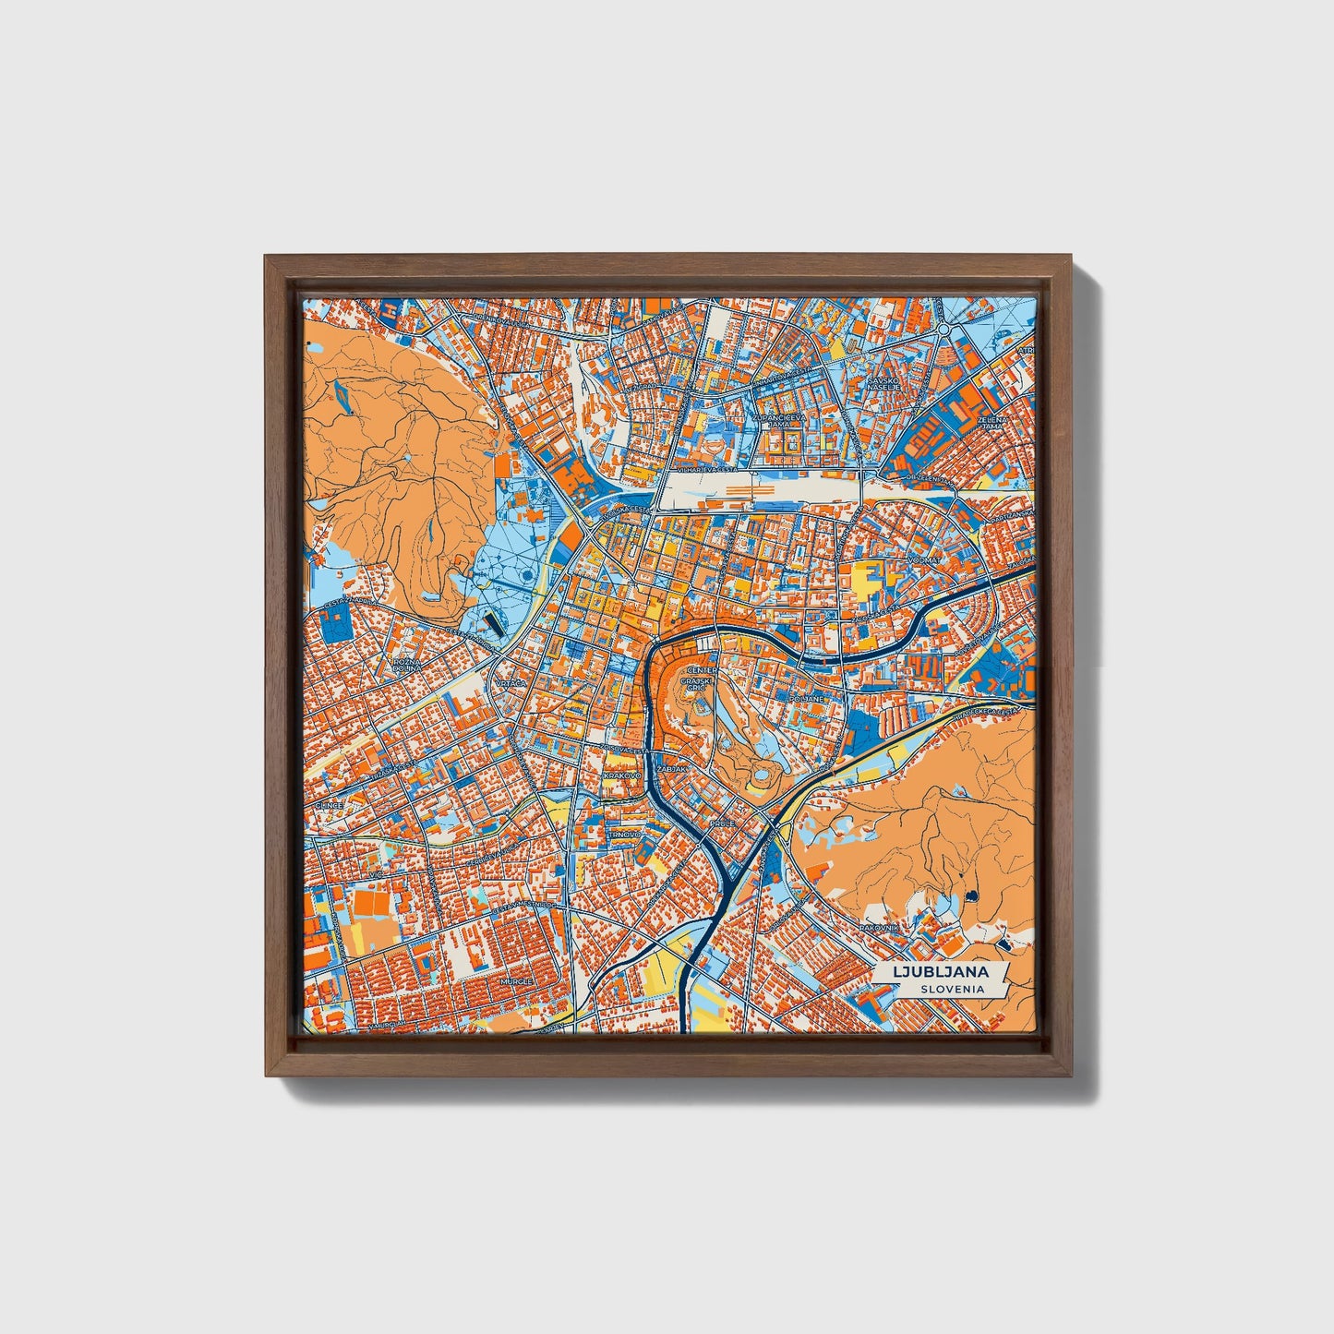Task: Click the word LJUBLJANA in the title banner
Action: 940,971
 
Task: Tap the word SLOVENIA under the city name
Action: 950,989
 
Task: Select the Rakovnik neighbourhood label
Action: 882,926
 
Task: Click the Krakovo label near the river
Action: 621,776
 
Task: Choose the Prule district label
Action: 721,822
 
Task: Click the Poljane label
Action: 807,699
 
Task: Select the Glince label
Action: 330,805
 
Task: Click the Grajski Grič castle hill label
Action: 695,685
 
